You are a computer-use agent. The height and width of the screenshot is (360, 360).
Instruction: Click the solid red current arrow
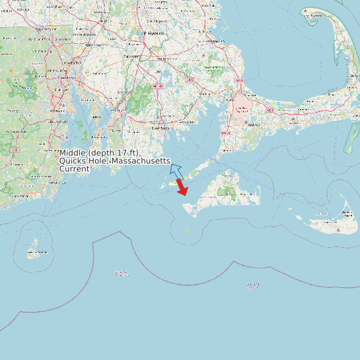(181, 188)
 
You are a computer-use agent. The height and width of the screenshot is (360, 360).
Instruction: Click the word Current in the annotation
(74, 169)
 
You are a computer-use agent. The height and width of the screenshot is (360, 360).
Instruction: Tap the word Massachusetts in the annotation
(141, 161)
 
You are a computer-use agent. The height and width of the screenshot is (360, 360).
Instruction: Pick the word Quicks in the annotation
(72, 161)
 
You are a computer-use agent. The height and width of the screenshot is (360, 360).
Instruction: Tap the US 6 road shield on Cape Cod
(270, 109)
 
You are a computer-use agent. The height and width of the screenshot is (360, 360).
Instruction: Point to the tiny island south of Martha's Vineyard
(187, 230)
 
